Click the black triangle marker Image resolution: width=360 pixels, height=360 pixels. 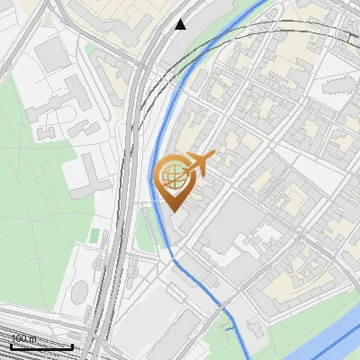(x=181, y=24)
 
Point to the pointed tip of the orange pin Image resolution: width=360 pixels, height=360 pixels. (x=174, y=211)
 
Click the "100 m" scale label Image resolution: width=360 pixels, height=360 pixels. (x=23, y=338)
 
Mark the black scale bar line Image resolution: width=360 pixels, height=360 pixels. (x=41, y=346)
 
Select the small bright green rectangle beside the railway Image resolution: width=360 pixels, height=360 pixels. (x=94, y=235)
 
